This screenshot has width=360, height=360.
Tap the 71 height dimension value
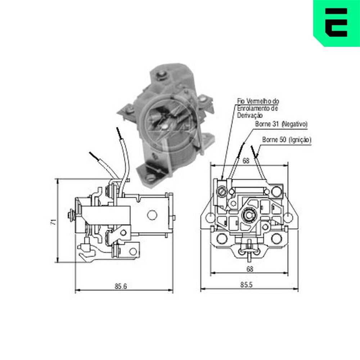pos(53,222)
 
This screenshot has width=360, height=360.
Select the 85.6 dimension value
pos(121,287)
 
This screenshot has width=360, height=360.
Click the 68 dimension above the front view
pos(246,161)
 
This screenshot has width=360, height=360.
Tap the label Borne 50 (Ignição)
pos(287,139)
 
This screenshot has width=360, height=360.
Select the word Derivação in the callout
pos(249,115)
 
